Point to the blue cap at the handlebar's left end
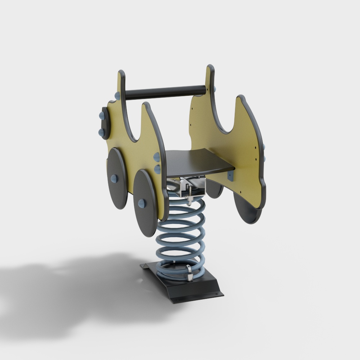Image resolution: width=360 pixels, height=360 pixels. tap(117, 95)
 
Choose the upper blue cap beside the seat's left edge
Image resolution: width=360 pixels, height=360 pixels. tap(157, 157)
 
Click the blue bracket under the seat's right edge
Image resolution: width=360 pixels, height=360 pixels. tap(231, 176)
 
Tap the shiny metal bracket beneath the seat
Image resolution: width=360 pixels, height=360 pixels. tap(191, 187)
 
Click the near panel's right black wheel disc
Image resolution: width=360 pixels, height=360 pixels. tap(146, 203)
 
